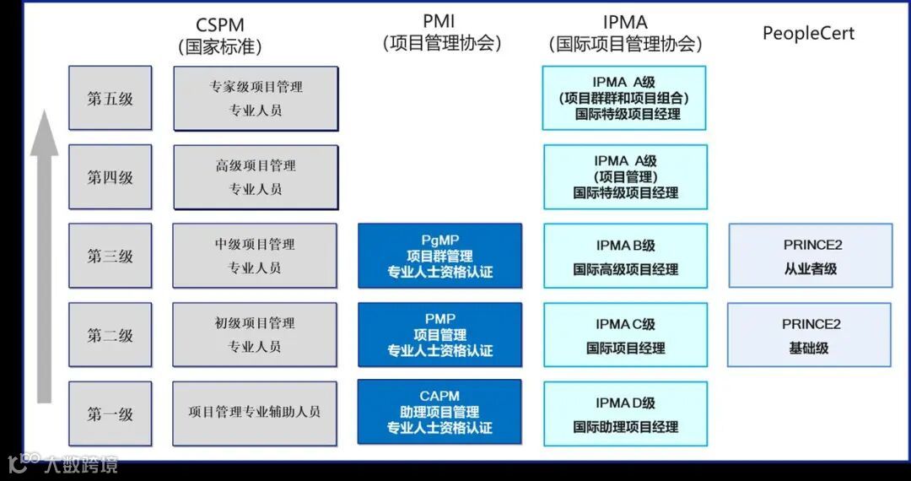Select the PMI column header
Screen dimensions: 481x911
440,32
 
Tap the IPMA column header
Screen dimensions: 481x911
625,33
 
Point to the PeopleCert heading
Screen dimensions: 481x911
808,34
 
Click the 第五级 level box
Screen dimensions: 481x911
111,99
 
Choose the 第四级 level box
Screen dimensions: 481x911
111,177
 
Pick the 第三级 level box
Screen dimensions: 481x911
111,256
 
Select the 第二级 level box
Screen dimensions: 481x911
111,335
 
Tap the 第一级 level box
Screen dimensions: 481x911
111,413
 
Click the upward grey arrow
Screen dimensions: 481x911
44,253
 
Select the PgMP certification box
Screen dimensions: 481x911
439,256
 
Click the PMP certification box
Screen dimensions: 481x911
439,334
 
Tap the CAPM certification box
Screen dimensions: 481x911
439,412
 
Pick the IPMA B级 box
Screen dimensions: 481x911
625,257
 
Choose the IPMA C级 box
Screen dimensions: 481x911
625,335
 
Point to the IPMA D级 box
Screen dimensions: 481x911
625,414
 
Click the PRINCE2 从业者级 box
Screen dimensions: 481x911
811,257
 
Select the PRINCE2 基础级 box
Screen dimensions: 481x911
810,335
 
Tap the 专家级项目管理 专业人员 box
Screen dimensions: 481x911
256,99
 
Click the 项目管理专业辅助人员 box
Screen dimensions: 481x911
255,413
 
